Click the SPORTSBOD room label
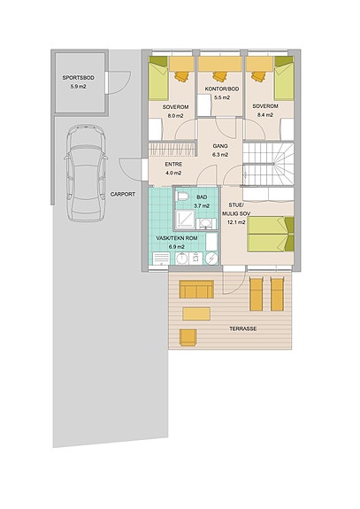[x=79, y=78]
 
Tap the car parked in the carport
[x=86, y=173]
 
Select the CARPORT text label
[x=123, y=194]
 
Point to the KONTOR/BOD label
[x=222, y=89]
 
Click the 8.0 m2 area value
[x=175, y=116]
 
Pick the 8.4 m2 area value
[x=265, y=114]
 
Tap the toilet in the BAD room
[x=181, y=197]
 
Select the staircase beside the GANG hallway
[x=269, y=165]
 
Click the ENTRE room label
[x=173, y=165]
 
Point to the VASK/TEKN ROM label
[x=176, y=238]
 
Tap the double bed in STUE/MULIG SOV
[x=271, y=234]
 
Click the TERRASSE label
[x=243, y=328]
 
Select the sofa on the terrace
[x=196, y=289]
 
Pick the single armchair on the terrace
[x=188, y=337]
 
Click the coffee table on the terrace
[x=196, y=314]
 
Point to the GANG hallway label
[x=220, y=146]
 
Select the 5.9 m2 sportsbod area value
[x=79, y=87]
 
